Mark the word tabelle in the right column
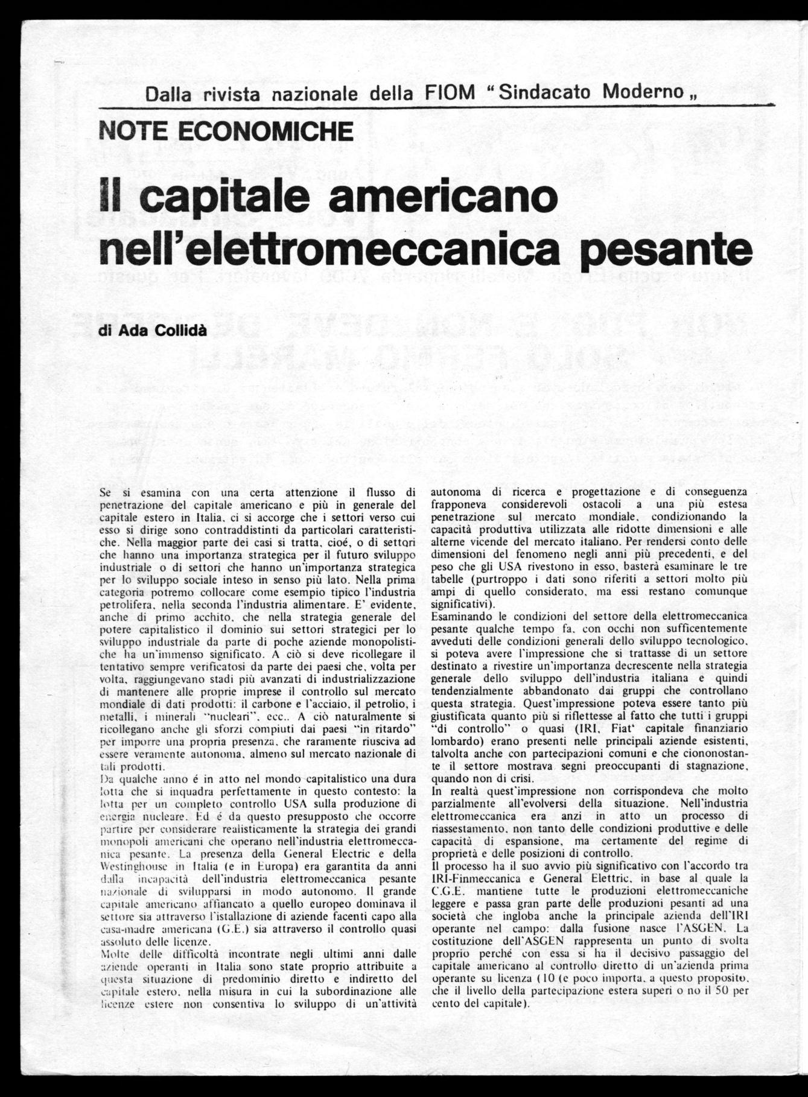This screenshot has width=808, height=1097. click(x=450, y=580)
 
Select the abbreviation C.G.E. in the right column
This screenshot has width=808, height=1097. click(x=450, y=890)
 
